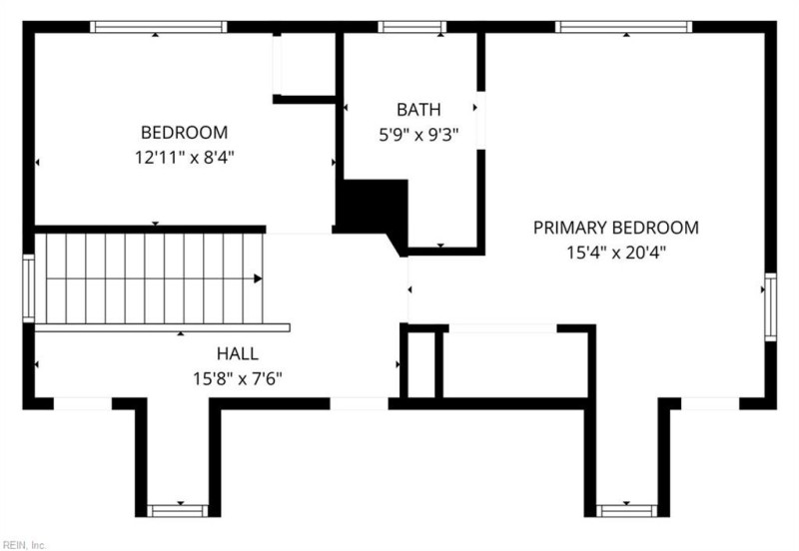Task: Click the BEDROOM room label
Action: [x=184, y=132]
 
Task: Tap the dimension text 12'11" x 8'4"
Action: [x=184, y=157]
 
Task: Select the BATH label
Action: [x=417, y=109]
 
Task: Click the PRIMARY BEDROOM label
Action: [x=615, y=228]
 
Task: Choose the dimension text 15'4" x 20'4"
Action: [x=615, y=253]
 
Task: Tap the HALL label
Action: [x=238, y=353]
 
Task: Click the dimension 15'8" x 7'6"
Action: [x=238, y=378]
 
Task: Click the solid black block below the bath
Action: [x=372, y=205]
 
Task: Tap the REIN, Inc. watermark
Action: [x=26, y=544]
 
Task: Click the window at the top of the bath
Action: [x=412, y=27]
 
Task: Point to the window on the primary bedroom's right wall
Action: [x=770, y=306]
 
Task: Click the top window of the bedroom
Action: [x=158, y=27]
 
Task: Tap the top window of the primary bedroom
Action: [x=623, y=27]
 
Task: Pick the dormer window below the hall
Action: [x=178, y=510]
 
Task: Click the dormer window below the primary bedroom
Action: [x=626, y=510]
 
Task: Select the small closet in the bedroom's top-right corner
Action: [x=304, y=65]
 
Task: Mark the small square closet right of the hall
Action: [x=420, y=363]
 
